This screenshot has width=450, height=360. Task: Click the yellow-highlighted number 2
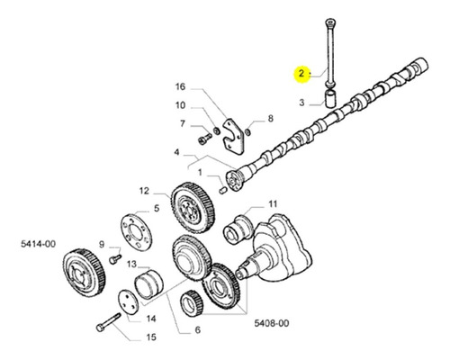(301, 73)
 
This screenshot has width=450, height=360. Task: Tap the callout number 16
(180, 87)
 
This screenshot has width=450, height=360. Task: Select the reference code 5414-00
(38, 244)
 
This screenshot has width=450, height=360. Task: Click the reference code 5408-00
(272, 323)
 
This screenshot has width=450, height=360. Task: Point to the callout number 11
(273, 204)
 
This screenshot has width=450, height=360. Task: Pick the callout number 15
(152, 337)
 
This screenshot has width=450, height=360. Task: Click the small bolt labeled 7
(205, 139)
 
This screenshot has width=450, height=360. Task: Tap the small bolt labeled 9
(115, 259)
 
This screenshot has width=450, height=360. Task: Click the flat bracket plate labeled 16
(233, 137)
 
